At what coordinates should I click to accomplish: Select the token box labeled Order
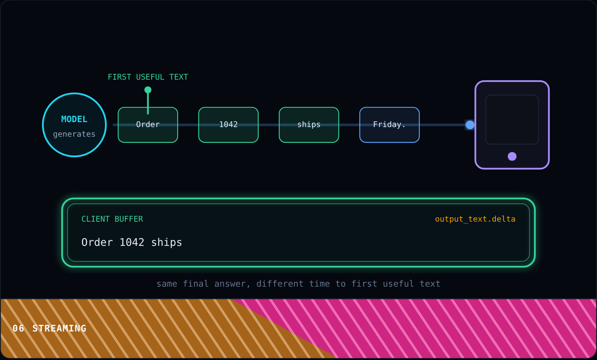pos(148,125)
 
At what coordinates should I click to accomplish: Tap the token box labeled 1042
pos(229,125)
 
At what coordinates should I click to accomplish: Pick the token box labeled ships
pos(309,125)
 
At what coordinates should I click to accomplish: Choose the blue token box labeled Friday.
pos(389,125)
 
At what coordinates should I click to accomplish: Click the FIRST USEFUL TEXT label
pos(148,77)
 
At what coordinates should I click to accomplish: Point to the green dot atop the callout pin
pos(148,90)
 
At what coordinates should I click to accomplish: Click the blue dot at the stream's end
pos(470,125)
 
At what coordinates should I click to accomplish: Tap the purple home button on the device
pos(512,156)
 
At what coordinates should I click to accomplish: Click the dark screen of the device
pos(512,120)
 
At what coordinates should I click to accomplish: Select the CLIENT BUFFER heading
pos(112,219)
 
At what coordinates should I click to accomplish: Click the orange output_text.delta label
pos(475,219)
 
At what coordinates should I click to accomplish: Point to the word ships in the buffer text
pos(166,243)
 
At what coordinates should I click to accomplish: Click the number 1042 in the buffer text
pos(132,243)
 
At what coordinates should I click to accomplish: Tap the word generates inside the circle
pos(74,134)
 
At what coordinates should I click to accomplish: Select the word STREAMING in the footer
pos(59,328)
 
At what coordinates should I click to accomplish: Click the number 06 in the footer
pos(18,328)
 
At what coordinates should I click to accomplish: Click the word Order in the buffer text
pos(97,243)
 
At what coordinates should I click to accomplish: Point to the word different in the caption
pos(280,284)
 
